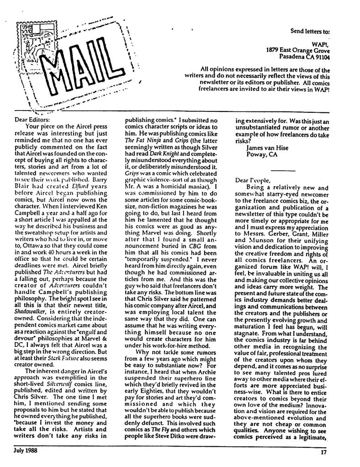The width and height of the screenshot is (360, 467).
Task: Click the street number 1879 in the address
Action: coord(273,51)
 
